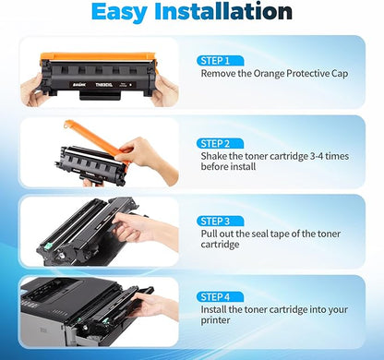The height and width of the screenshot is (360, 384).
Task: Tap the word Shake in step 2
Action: (x=211, y=159)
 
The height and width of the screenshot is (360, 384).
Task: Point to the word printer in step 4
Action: (x=219, y=322)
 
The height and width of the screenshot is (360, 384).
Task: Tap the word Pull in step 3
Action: (x=208, y=236)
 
